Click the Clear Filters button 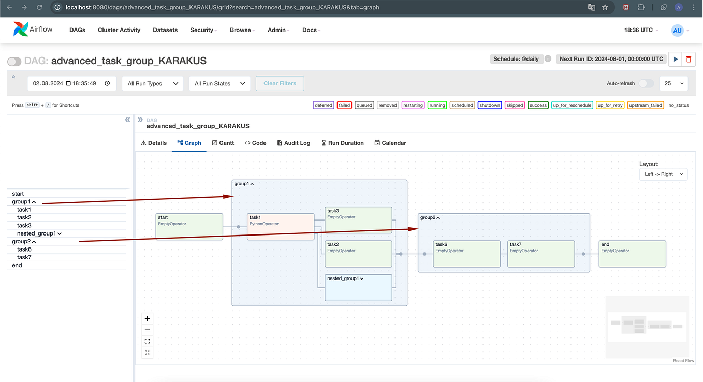[x=280, y=83]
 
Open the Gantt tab [x=223, y=143]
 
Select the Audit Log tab [x=294, y=143]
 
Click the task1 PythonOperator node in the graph [x=281, y=227]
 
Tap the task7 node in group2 [x=541, y=254]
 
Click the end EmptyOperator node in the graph [x=633, y=254]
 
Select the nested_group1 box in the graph [x=358, y=287]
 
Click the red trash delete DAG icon [x=689, y=60]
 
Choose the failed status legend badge [x=344, y=105]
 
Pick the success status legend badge [x=538, y=105]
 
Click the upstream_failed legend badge [x=645, y=105]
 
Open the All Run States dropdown [x=219, y=83]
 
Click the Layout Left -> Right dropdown [x=664, y=174]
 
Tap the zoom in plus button [x=147, y=319]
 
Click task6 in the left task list [x=24, y=249]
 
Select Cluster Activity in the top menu [x=119, y=30]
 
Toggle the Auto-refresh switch [x=646, y=83]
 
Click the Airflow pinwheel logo [x=21, y=29]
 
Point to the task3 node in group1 [x=358, y=219]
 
